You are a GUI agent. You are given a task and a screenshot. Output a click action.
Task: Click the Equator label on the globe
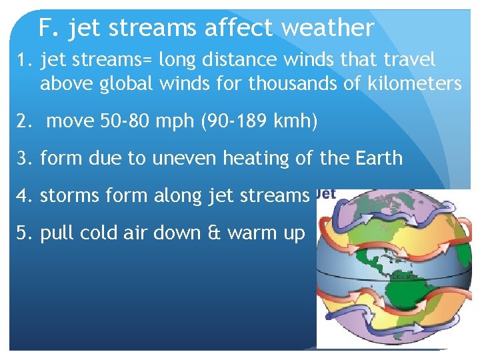404,276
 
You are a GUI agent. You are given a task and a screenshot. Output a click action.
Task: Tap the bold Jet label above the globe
325,194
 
